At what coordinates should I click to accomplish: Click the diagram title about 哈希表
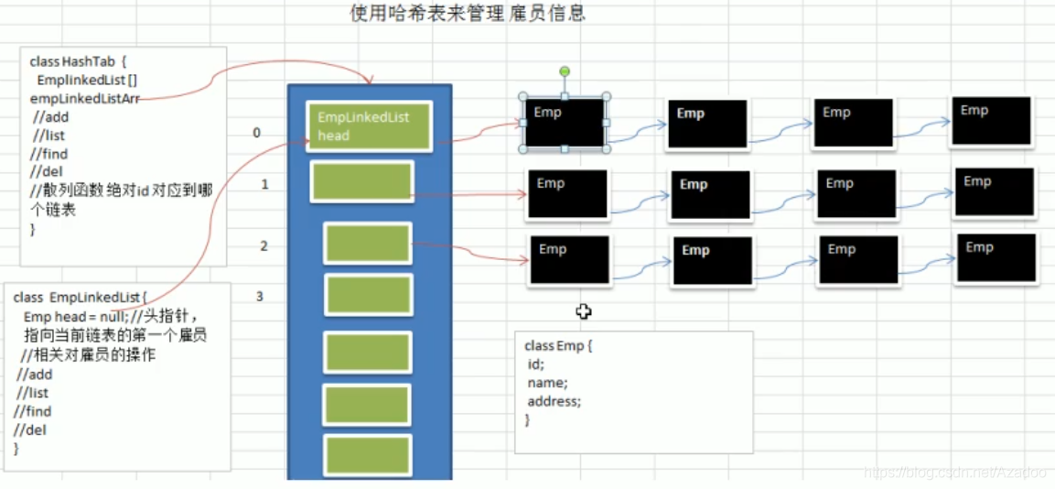tap(468, 14)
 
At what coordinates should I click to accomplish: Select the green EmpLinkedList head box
tap(368, 126)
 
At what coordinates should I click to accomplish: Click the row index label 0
tap(257, 133)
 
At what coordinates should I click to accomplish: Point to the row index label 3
tap(260, 296)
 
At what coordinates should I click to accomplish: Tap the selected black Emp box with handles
tap(565, 123)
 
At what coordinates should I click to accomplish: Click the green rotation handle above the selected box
tap(565, 71)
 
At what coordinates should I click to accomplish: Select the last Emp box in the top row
tap(991, 121)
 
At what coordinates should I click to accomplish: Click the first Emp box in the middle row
tap(567, 194)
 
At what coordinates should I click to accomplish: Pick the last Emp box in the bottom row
tap(996, 257)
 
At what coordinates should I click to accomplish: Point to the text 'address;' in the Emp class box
tap(554, 401)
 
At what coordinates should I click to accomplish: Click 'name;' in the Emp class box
tap(547, 383)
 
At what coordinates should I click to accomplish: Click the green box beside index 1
tap(361, 181)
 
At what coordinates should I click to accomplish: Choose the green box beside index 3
tap(369, 295)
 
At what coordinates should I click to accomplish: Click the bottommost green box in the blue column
tap(367, 455)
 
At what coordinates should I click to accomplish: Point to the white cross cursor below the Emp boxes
tap(584, 311)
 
